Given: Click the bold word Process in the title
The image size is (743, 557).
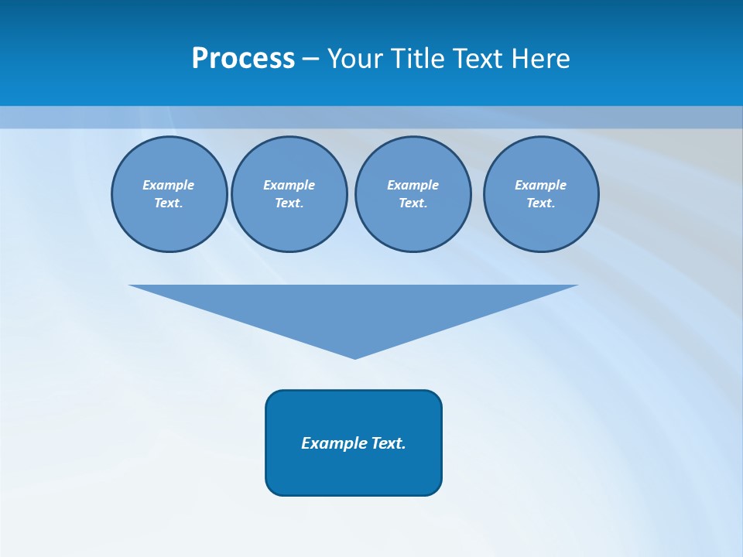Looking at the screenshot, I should click(x=243, y=59).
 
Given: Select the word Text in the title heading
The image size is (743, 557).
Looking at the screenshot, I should click(x=481, y=59).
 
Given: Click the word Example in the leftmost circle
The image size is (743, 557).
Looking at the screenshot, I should click(x=168, y=185).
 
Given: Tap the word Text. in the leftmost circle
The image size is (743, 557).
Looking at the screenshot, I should click(x=168, y=203).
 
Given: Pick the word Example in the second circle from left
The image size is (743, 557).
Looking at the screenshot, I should click(x=289, y=185).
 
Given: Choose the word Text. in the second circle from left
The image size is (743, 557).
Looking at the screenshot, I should click(x=289, y=203).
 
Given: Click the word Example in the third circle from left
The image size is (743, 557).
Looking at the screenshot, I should click(x=413, y=185).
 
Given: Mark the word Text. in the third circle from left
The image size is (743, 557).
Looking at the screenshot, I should click(x=413, y=203).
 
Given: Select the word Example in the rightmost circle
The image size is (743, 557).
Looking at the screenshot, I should click(x=540, y=185).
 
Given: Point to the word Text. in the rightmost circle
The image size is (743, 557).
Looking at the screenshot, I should click(x=540, y=203).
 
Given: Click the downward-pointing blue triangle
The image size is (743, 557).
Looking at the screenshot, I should click(x=354, y=309).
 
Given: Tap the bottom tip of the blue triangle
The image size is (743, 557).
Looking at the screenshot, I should click(x=354, y=357).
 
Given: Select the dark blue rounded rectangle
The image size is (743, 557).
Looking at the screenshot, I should click(x=354, y=472).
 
